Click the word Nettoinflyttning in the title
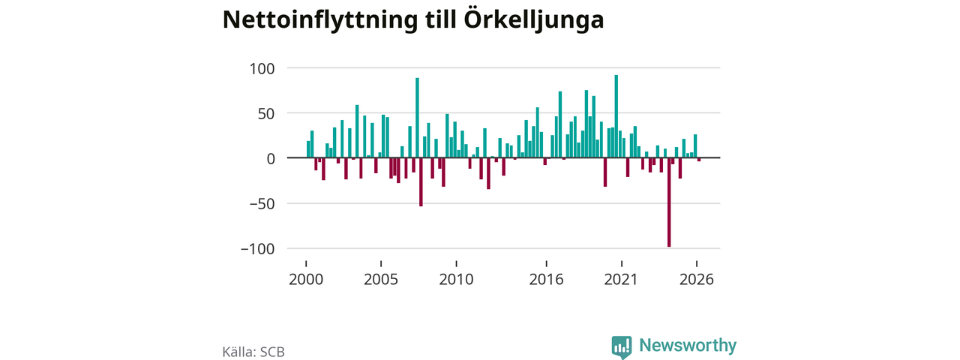pyautogui.click(x=320, y=20)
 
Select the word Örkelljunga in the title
pyautogui.click(x=534, y=19)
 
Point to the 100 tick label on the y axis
pyautogui.click(x=262, y=68)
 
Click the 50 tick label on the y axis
pyautogui.click(x=265, y=114)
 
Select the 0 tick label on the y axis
pyautogui.click(x=271, y=159)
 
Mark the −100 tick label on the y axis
pyautogui.click(x=257, y=250)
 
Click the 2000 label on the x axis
pyautogui.click(x=306, y=280)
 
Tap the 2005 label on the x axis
pyautogui.click(x=381, y=280)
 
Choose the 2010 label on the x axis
pyautogui.click(x=457, y=280)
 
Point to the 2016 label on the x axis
pyautogui.click(x=547, y=280)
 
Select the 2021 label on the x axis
pyautogui.click(x=622, y=280)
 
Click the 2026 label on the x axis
pyautogui.click(x=697, y=280)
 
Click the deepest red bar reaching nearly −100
pyautogui.click(x=669, y=202)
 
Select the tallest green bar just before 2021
pyautogui.click(x=616, y=116)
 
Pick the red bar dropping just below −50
pyautogui.click(x=421, y=182)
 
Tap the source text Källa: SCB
pyautogui.click(x=253, y=352)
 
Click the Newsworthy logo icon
pyautogui.click(x=622, y=347)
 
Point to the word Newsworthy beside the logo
pyautogui.click(x=688, y=345)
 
